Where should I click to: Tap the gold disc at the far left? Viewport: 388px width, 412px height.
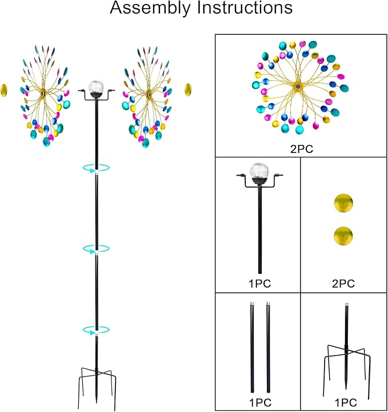click(x=5, y=90)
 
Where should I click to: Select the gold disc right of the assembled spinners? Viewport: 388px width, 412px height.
click(x=187, y=90)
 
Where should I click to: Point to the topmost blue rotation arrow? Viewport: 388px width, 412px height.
click(x=96, y=168)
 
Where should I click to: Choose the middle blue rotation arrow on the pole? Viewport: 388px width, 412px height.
click(x=96, y=249)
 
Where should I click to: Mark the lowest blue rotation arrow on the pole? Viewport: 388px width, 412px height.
click(x=96, y=330)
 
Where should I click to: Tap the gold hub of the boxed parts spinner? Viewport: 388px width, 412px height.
click(x=298, y=86)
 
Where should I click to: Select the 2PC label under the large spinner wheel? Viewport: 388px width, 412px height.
click(x=301, y=150)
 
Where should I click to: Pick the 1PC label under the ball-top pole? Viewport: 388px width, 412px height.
click(x=259, y=283)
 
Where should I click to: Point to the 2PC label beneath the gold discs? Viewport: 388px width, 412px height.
click(x=343, y=283)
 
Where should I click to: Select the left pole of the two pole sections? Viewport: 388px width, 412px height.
click(x=252, y=348)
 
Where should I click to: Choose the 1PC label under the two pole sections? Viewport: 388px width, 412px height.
click(x=259, y=402)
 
